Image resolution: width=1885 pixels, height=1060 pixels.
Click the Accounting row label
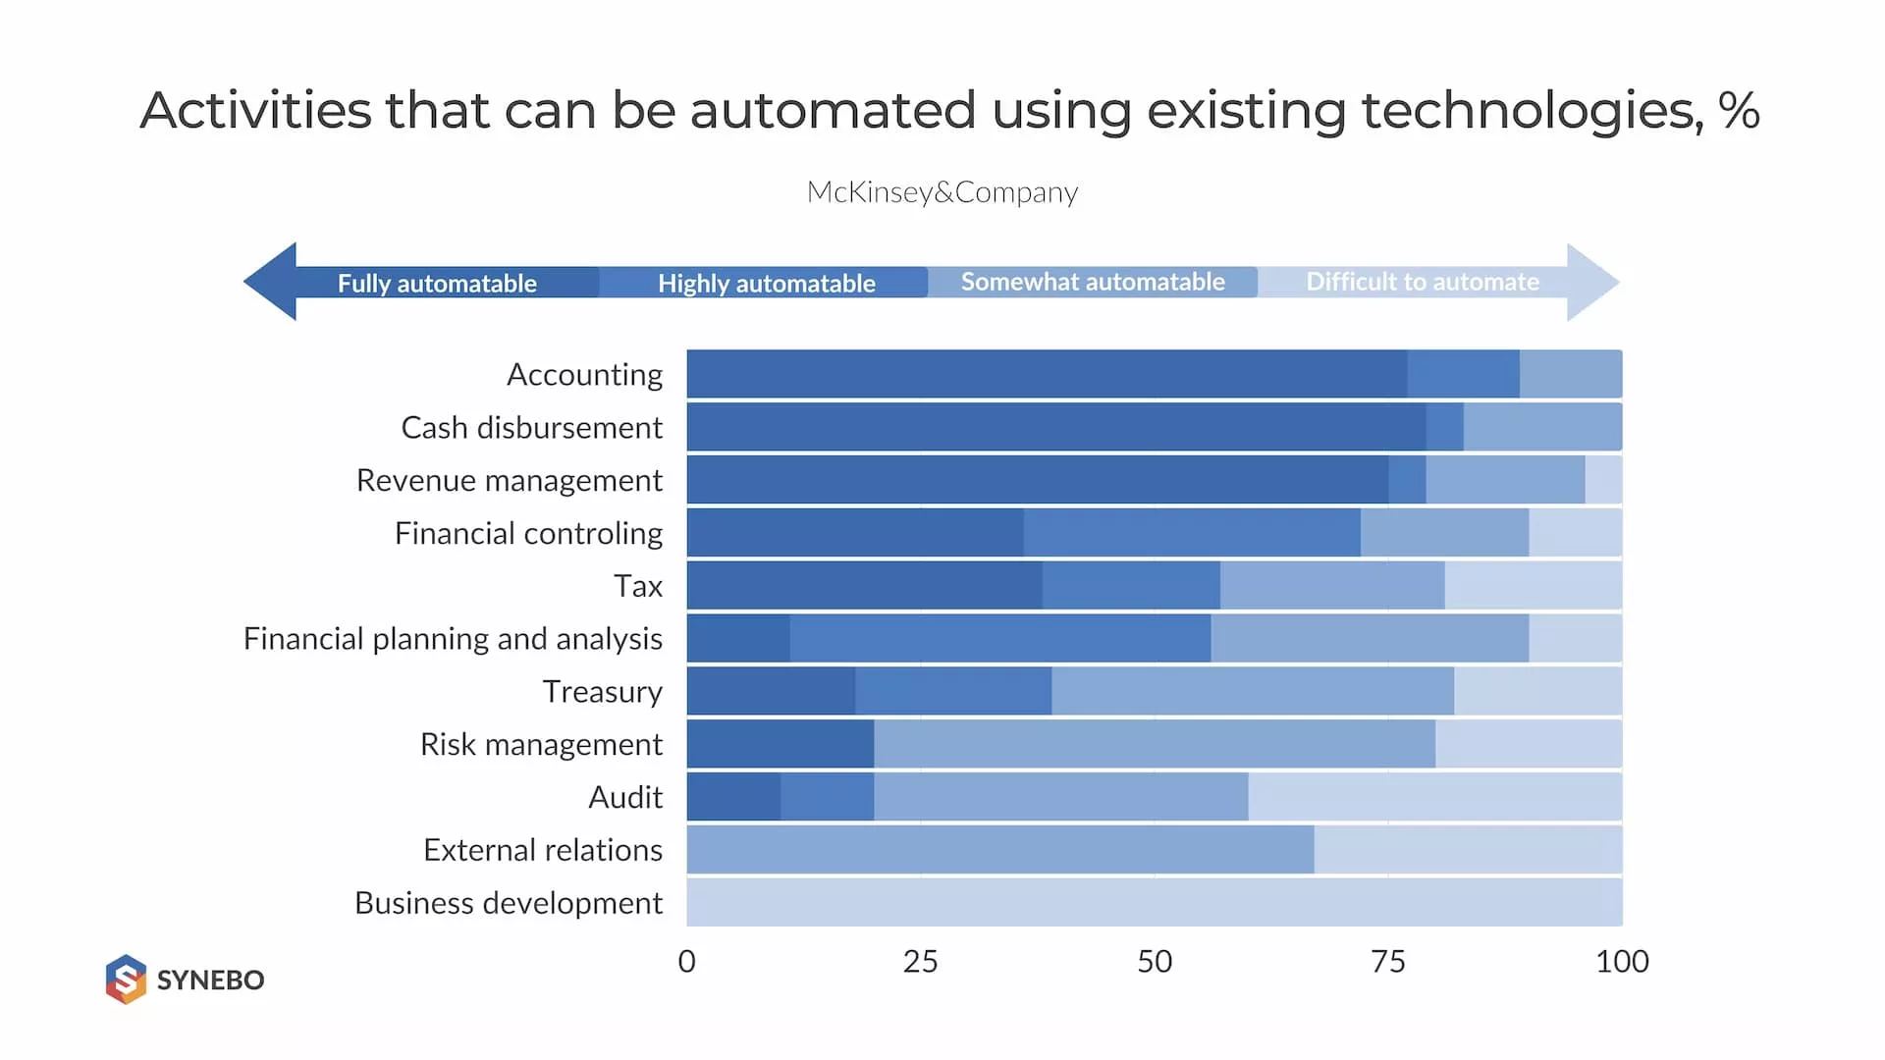point(584,375)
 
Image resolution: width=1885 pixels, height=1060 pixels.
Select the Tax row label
point(638,586)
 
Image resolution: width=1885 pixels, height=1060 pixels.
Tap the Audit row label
point(625,797)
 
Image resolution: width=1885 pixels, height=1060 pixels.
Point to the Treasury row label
point(602,692)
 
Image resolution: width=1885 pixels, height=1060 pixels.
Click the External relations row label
point(543,850)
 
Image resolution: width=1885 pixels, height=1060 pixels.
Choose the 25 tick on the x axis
point(920,962)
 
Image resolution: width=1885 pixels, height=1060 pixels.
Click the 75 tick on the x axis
point(1387,962)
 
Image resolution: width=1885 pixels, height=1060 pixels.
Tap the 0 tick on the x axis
point(686,962)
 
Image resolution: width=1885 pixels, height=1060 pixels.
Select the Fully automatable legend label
point(437,284)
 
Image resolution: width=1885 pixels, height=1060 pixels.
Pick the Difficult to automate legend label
point(1423,283)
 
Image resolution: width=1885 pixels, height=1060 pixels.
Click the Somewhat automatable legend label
point(1093,283)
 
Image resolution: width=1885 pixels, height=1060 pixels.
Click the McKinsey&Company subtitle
point(942,192)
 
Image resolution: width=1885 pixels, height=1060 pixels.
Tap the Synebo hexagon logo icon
point(126,979)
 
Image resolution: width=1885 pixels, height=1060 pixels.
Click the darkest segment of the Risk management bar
point(781,744)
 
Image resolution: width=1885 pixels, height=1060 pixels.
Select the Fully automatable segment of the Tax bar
point(864,586)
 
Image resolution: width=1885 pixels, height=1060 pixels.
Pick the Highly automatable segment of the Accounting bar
point(1463,374)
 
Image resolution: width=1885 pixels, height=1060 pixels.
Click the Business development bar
point(1154,903)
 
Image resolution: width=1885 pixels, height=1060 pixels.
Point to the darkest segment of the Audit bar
point(733,797)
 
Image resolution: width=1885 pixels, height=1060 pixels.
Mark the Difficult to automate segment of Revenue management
point(1603,480)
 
